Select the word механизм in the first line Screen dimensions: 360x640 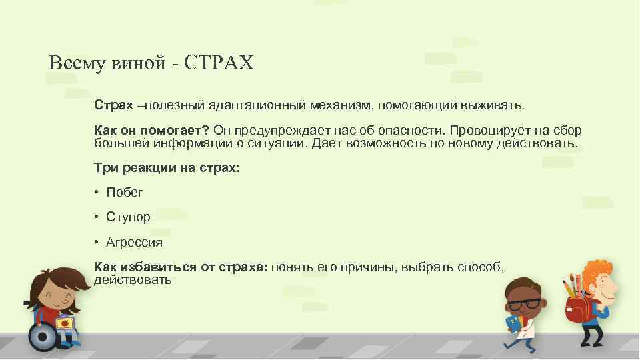coord(343,105)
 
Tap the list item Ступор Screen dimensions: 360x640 coord(128,217)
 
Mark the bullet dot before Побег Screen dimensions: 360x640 coord(97,193)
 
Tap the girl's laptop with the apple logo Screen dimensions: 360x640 coord(65,324)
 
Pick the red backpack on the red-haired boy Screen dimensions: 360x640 coord(577,309)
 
